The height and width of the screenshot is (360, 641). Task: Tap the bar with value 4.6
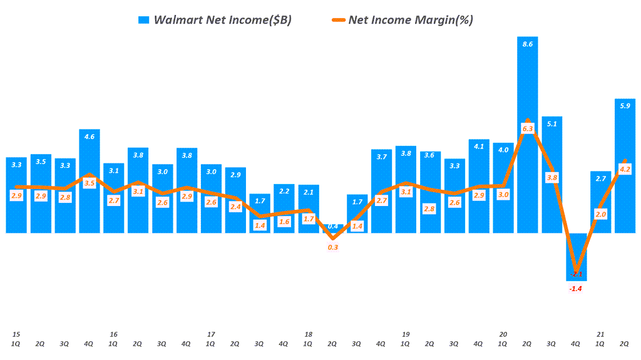click(90, 182)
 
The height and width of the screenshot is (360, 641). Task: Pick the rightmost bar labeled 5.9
click(625, 166)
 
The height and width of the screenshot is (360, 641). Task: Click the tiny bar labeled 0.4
click(332, 230)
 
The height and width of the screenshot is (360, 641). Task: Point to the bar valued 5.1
click(551, 175)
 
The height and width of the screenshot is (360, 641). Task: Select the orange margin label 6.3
click(528, 128)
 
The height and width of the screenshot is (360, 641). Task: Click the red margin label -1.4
click(576, 289)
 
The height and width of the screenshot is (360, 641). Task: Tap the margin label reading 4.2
click(625, 169)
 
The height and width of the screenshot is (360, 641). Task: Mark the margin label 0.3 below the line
click(332, 247)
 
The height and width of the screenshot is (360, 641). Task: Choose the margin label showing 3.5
click(90, 183)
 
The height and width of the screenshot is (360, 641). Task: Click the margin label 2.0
click(600, 214)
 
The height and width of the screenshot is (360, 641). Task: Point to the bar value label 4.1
click(479, 147)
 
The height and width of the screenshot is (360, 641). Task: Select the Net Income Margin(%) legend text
click(411, 20)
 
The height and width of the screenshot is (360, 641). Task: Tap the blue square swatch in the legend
click(144, 20)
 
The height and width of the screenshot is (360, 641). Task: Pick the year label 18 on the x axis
click(308, 334)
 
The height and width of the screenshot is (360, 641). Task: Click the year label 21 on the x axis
click(600, 334)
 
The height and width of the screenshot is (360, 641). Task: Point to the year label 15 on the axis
click(16, 334)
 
